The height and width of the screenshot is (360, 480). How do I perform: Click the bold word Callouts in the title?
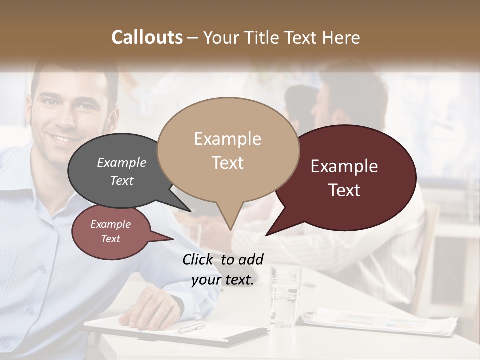point(147,37)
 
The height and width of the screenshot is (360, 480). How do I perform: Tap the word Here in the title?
point(341,38)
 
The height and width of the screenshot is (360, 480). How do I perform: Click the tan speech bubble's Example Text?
point(228,150)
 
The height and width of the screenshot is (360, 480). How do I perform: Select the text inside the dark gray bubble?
point(122,171)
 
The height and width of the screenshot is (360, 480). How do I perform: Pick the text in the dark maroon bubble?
point(344,178)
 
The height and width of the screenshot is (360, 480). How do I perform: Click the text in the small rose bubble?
point(111,231)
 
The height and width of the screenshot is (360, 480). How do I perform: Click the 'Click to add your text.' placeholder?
point(223,269)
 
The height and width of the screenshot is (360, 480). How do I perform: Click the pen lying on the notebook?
point(191,328)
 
